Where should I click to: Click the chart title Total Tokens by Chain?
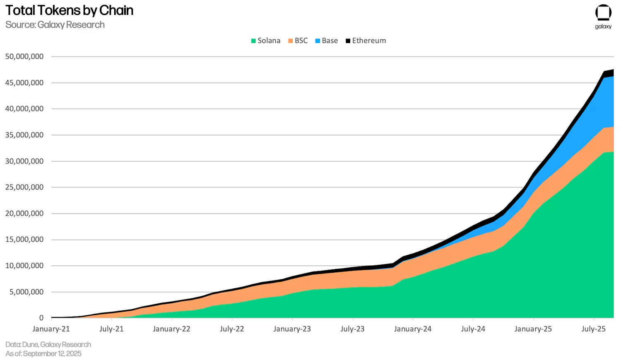[69, 10]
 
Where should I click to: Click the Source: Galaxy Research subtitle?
[55, 25]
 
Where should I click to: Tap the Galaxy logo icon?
[603, 12]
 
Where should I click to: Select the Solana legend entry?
[266, 41]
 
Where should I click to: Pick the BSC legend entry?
[298, 41]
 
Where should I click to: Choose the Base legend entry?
[327, 41]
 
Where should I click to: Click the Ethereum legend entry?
[366, 41]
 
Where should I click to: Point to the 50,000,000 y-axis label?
[24, 57]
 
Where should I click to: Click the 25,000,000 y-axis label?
[24, 187]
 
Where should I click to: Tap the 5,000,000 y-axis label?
[26, 292]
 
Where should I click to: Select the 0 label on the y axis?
[41, 318]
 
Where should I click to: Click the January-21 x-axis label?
[51, 329]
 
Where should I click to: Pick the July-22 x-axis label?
[232, 329]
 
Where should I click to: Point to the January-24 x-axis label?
[413, 329]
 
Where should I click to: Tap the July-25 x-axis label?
[594, 329]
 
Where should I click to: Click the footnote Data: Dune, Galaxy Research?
[48, 344]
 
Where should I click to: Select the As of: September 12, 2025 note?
[43, 354]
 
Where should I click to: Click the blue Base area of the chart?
[596, 111]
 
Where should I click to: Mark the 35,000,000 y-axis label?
[24, 135]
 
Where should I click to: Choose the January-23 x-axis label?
[292, 329]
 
